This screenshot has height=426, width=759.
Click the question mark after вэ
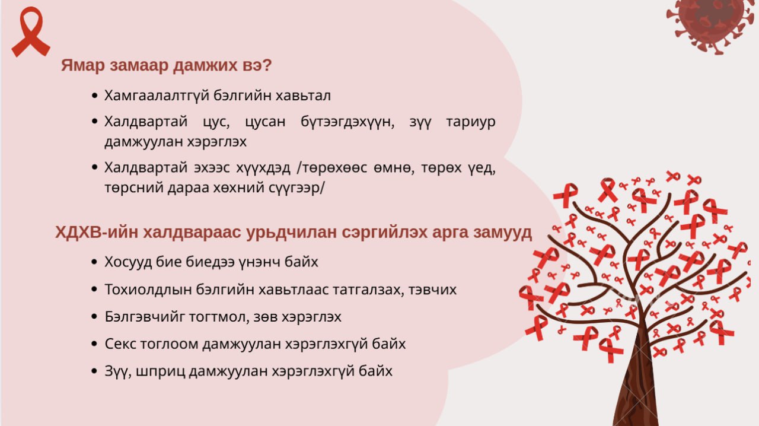click(267, 65)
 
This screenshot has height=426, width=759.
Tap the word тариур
click(471, 122)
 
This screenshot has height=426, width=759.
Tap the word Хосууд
click(128, 262)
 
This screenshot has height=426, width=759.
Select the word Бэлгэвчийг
click(145, 317)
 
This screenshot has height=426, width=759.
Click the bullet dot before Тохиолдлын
click(94, 290)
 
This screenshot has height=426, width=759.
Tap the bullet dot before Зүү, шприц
click(94, 371)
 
